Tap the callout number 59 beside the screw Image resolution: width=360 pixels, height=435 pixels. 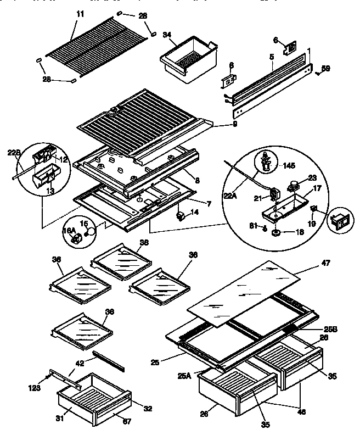click(325, 68)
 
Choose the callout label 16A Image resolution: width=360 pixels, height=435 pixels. click(69, 231)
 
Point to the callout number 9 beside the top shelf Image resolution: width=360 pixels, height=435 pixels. click(219, 126)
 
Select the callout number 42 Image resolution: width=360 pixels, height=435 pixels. click(80, 362)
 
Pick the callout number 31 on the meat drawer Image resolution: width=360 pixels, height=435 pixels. click(61, 419)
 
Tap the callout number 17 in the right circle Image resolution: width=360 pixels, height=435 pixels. click(316, 188)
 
